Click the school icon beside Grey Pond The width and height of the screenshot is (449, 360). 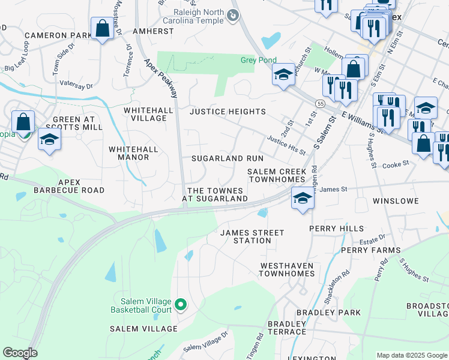[x=283, y=74]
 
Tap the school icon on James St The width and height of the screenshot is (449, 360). [x=303, y=197]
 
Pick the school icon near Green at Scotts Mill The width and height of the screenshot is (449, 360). [x=49, y=140]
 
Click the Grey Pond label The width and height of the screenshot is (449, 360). [x=257, y=60]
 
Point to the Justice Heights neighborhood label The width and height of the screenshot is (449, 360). [x=228, y=112]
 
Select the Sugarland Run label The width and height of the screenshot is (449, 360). [x=227, y=158]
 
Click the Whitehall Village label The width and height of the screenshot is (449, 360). [x=145, y=114]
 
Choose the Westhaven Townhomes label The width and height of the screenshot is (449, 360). [x=287, y=269]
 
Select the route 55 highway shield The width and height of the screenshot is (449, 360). [x=321, y=104]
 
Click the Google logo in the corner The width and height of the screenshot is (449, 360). [x=20, y=353]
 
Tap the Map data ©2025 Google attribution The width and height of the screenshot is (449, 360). [x=411, y=355]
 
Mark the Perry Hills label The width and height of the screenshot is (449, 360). [x=336, y=229]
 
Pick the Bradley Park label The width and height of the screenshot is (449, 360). [x=329, y=313]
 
